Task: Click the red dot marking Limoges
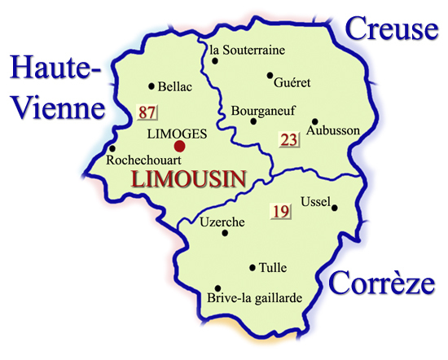pyautogui.click(x=179, y=147)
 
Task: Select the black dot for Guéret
pyautogui.click(x=270, y=76)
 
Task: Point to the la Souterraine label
pyautogui.click(x=248, y=50)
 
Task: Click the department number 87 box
pyautogui.click(x=147, y=112)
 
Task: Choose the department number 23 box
pyautogui.click(x=289, y=139)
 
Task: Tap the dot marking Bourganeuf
pyautogui.click(x=253, y=122)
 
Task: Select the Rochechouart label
pyautogui.click(x=143, y=161)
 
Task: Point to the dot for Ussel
pyautogui.click(x=334, y=207)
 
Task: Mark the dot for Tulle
pyautogui.click(x=253, y=266)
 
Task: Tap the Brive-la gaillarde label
pyautogui.click(x=255, y=298)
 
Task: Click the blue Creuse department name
pyautogui.click(x=390, y=30)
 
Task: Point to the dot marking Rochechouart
pyautogui.click(x=110, y=149)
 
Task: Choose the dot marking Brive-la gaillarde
pyautogui.click(x=217, y=288)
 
